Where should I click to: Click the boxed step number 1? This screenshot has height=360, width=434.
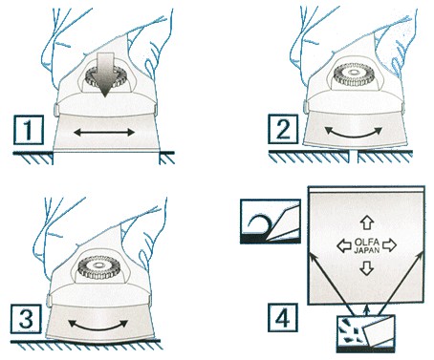tap(29, 130)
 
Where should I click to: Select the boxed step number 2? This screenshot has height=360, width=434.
tap(283, 130)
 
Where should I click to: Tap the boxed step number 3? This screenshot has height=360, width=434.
tap(26, 319)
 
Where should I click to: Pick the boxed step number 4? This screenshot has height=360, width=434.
tap(283, 318)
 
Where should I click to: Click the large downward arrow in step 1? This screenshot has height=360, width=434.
tap(105, 74)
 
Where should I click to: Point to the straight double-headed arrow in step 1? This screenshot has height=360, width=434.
tap(104, 132)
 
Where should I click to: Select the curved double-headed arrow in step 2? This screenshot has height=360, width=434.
tap(353, 134)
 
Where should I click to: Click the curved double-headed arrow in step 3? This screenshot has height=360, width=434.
tap(98, 327)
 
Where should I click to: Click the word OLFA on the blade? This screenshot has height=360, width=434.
tap(367, 242)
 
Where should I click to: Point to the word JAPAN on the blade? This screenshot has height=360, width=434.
tap(367, 250)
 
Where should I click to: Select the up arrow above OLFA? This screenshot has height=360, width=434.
tap(367, 222)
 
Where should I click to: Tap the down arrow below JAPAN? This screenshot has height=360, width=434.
tap(367, 268)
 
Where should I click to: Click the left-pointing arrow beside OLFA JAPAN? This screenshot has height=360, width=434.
tap(344, 245)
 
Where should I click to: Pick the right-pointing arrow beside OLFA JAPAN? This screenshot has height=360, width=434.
tap(389, 245)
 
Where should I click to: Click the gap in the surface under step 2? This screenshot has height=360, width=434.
tap(353, 157)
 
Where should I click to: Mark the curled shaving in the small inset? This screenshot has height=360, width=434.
tap(259, 224)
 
